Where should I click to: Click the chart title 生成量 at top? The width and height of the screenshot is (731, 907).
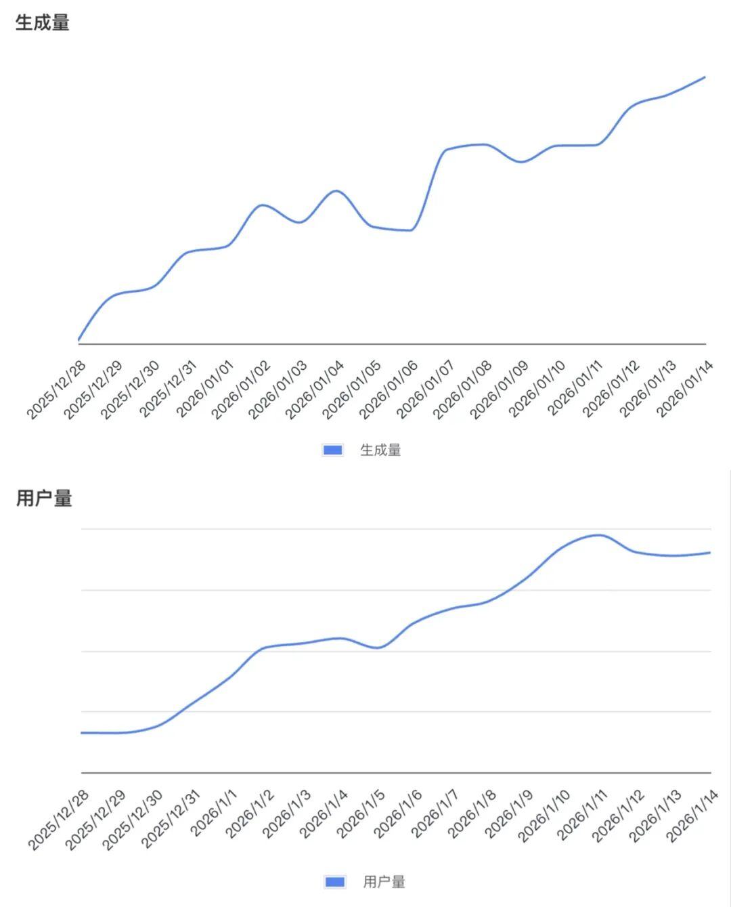tap(42, 23)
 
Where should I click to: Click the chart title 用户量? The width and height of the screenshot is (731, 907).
tap(44, 499)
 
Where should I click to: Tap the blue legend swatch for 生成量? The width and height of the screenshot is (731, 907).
tap(332, 450)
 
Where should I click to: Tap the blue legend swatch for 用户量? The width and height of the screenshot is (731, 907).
tap(335, 881)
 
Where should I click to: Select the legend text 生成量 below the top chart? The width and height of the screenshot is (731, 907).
tap(380, 450)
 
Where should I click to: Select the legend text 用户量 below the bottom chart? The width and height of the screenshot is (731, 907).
tap(384, 881)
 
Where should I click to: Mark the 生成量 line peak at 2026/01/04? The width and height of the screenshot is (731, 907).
tap(336, 190)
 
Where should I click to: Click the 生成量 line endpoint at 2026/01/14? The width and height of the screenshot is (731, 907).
tap(705, 77)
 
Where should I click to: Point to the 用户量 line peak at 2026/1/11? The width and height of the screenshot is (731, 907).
tap(599, 535)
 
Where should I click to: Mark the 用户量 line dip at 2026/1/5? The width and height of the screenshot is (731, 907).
tap(378, 648)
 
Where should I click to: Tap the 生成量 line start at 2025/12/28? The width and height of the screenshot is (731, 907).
tap(79, 339)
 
